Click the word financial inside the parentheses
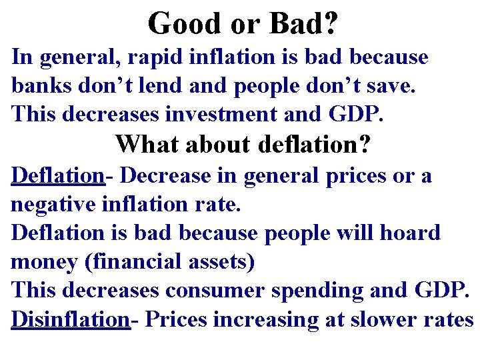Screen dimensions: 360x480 [x=141, y=262]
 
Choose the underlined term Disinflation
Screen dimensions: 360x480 [x=70, y=319]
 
